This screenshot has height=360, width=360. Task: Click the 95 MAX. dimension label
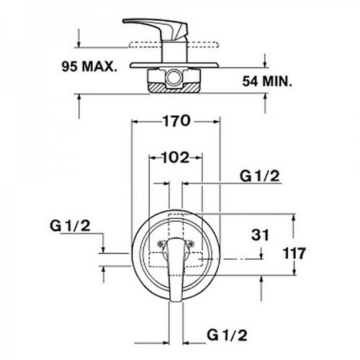89,66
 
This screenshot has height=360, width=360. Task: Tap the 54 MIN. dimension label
267,81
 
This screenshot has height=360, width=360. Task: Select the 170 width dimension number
177,121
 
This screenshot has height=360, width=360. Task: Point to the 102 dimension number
176,158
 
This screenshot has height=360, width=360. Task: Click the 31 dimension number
260,235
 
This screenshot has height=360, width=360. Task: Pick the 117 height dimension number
294,253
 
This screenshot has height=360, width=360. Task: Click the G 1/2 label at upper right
260,176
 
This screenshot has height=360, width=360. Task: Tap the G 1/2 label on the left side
70,226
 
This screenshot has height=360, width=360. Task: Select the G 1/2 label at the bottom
227,335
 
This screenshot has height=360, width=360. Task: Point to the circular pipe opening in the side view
174,78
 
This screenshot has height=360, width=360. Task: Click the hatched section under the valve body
174,88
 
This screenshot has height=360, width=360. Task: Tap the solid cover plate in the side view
174,65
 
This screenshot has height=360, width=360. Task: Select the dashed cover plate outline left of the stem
145,45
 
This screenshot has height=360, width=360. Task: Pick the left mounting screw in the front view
161,244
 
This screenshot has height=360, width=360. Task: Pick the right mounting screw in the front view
191,243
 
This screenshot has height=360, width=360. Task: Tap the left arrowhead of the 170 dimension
135,122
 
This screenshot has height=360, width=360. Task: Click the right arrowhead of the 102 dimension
199,158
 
